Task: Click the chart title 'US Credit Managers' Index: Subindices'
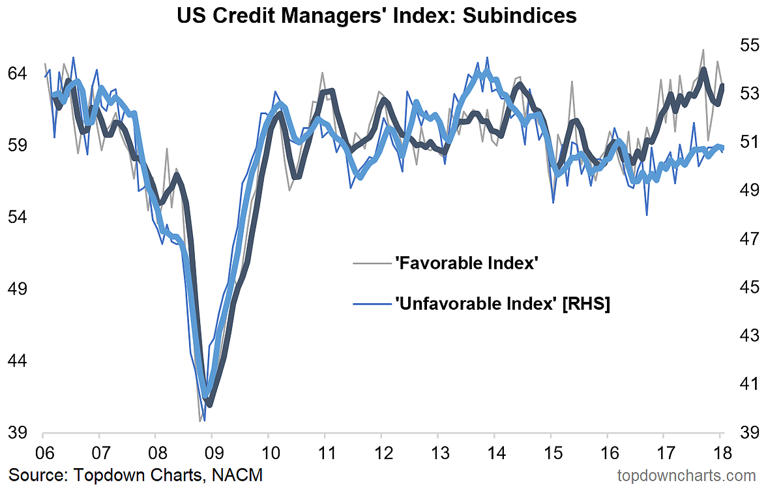pos(377,15)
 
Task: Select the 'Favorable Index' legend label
pos(466,263)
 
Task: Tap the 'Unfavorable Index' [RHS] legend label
pos(502,304)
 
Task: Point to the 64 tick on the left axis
pos(18,73)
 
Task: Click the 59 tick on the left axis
pos(18,145)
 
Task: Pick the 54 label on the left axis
pos(18,216)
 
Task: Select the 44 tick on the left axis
pos(18,361)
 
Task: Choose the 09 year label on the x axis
pos(211,451)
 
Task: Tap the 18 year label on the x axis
pos(720,451)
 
